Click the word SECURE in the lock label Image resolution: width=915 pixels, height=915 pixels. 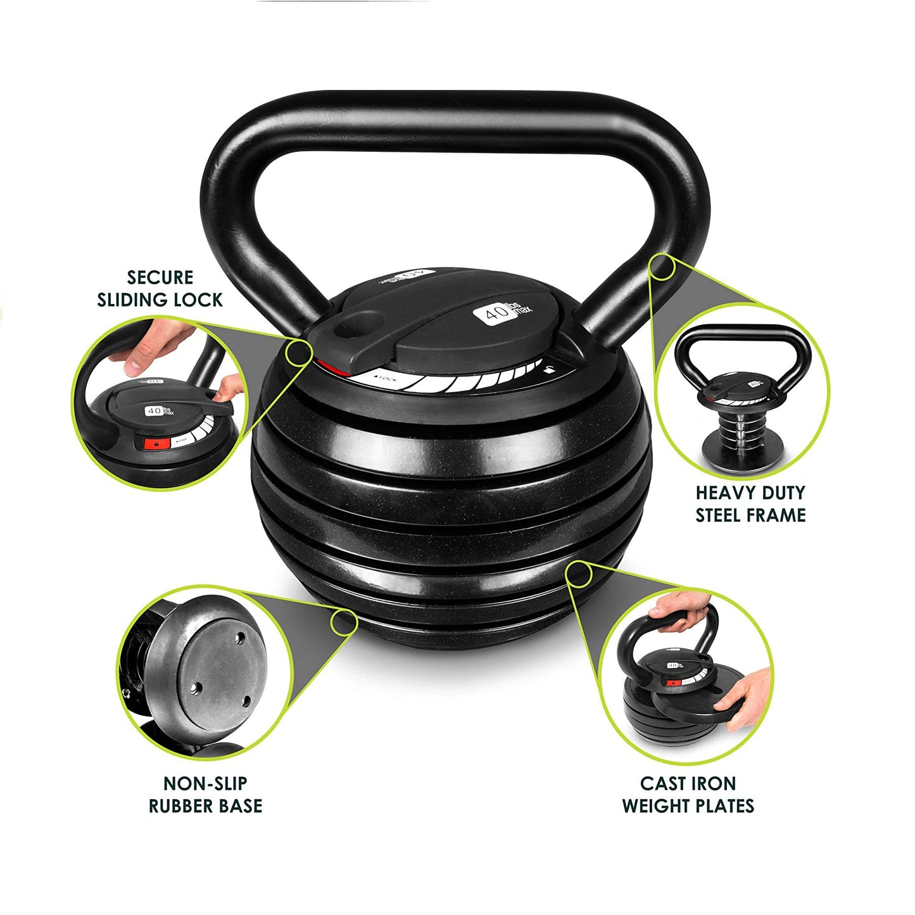[160, 278]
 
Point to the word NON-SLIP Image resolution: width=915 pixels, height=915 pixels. [205, 783]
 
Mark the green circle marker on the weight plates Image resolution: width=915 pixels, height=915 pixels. [578, 573]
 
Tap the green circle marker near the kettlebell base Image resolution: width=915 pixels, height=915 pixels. [344, 621]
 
